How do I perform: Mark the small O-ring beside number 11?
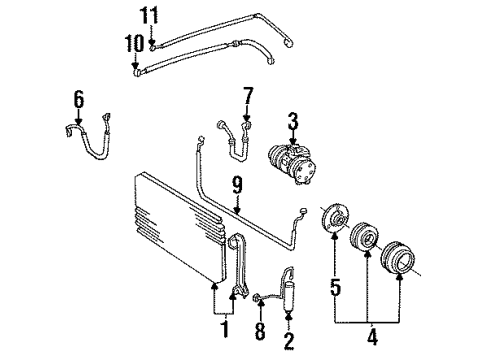[x=151, y=44]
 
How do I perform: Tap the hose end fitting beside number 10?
[x=136, y=70]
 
